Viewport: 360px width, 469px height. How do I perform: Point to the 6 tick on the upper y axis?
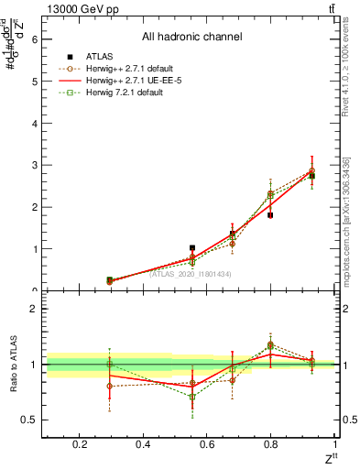click(x=34, y=39)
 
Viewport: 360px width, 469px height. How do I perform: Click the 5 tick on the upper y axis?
click(x=34, y=82)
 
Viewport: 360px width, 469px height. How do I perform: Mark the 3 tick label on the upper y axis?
click(x=34, y=165)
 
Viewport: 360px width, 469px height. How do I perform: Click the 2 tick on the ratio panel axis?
click(x=34, y=309)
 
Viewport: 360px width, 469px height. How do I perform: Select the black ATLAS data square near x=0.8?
click(x=270, y=215)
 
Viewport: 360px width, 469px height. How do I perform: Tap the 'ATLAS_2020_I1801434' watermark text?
click(x=191, y=273)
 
